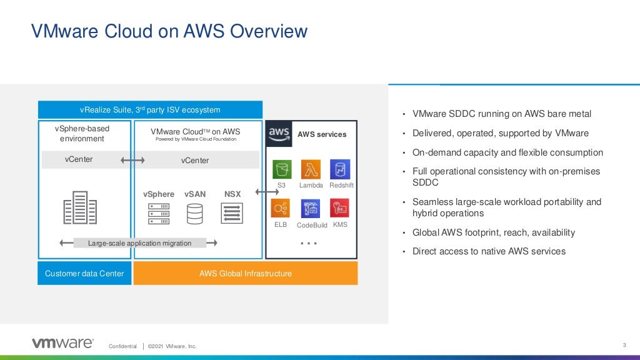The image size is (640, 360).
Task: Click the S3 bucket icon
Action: click(281, 169)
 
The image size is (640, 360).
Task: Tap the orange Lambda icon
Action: click(311, 169)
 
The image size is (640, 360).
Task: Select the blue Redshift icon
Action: click(340, 169)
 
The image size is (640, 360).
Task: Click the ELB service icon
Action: click(280, 208)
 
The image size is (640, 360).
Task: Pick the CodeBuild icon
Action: click(310, 208)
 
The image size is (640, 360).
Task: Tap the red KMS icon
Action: click(339, 208)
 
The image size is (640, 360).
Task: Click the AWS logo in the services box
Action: click(279, 134)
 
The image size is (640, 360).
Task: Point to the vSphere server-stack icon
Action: click(159, 214)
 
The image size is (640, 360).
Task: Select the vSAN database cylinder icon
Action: click(195, 214)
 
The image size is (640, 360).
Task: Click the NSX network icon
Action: click(232, 214)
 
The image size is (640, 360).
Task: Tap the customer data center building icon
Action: click(79, 208)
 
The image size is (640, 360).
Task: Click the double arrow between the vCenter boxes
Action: click(132, 160)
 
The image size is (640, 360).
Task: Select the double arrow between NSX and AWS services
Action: click(267, 193)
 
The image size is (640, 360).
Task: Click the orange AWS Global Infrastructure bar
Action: click(246, 273)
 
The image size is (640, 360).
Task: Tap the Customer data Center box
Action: click(84, 273)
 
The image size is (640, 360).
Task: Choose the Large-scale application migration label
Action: click(139, 242)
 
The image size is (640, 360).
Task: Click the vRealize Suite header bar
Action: click(150, 110)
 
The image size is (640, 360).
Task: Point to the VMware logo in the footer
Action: click(62, 343)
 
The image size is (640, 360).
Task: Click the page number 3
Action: click(624, 345)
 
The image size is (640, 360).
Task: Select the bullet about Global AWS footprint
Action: click(493, 232)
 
